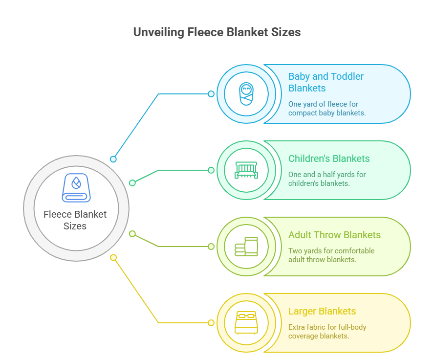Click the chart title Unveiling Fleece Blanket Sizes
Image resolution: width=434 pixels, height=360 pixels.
(x=217, y=32)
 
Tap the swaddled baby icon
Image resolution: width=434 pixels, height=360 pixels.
(x=246, y=93)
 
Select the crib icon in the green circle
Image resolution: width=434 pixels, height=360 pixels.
(x=246, y=170)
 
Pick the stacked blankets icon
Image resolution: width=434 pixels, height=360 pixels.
(x=246, y=247)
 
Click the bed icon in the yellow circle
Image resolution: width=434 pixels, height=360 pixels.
(x=246, y=323)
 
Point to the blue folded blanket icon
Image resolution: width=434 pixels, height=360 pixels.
(x=76, y=188)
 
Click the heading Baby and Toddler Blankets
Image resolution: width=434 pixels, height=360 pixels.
(x=325, y=82)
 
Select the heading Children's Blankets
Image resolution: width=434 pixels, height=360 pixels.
(x=329, y=158)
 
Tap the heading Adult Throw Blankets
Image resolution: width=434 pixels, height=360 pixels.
(x=334, y=235)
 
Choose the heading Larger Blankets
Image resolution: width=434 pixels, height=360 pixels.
(x=322, y=311)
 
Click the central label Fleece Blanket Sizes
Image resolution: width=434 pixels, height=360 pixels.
(x=75, y=220)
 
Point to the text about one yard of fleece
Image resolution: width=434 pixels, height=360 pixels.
(x=327, y=108)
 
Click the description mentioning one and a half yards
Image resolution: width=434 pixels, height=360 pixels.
(x=327, y=179)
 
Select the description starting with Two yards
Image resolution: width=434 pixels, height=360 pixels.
(x=331, y=255)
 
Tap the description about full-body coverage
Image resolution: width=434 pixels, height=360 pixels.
(x=327, y=332)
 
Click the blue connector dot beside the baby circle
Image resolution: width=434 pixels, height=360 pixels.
(x=211, y=93)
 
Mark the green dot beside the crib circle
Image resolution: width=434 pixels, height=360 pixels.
(x=211, y=170)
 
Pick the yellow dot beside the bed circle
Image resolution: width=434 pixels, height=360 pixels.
(x=211, y=323)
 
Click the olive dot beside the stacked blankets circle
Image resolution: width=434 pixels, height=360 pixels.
(x=211, y=247)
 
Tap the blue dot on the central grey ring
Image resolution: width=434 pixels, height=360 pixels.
(x=113, y=159)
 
